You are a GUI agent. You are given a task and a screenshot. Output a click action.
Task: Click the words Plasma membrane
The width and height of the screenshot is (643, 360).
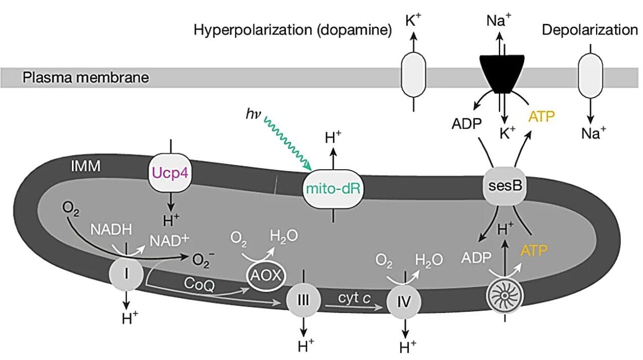(x=86, y=78)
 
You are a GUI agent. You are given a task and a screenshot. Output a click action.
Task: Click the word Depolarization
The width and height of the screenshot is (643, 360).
(x=590, y=30)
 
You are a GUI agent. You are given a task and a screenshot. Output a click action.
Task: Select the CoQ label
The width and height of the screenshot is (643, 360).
(x=197, y=283)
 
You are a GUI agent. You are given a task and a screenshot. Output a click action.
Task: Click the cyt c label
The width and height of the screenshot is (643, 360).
(x=352, y=297)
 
